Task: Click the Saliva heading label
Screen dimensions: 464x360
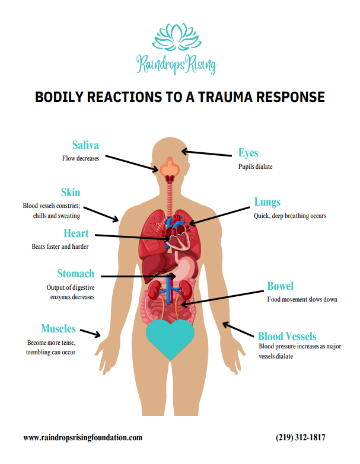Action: click(85, 145)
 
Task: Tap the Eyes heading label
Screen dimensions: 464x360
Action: click(248, 153)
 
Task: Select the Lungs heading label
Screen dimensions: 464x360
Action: click(267, 202)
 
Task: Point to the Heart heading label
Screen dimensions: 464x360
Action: click(76, 233)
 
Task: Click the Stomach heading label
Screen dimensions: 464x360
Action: click(75, 274)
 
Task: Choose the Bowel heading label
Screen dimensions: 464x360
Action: click(280, 287)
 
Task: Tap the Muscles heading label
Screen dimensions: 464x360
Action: click(58, 328)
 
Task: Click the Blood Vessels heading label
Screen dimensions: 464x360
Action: click(287, 336)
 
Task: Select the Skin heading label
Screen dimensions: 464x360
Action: click(70, 193)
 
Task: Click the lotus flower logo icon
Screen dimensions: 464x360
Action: click(176, 37)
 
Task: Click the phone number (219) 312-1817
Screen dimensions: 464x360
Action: click(301, 438)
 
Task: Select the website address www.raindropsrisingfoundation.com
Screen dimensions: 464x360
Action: click(82, 438)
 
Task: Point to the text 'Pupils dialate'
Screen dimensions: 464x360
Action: click(256, 167)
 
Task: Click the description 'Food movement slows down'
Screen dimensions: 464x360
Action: click(302, 299)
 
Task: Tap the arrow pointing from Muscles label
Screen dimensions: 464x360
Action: click(90, 332)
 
